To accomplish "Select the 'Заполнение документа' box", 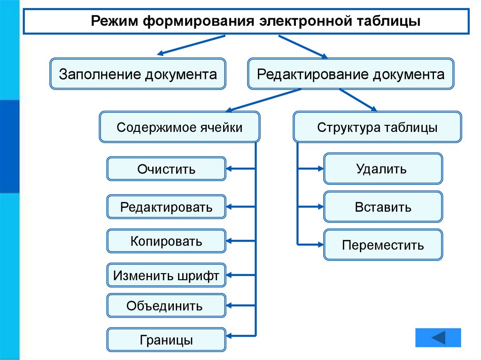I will (138, 74).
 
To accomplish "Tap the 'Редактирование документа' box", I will (350, 74).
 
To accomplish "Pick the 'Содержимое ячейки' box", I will (179, 127).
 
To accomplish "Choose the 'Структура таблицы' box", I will (377, 127).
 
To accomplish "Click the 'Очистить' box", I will (166, 169).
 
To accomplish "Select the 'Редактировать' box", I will (166, 207).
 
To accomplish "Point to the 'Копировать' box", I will (166, 241).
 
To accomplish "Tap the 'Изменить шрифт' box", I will (166, 276).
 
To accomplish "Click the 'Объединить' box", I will (166, 306).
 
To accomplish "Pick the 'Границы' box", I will (166, 340).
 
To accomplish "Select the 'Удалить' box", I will (383, 169).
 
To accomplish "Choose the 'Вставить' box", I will (383, 207).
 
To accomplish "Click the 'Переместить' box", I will (383, 245).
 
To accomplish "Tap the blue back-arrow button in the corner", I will (438, 338).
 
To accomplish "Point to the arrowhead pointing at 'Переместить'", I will (319, 245).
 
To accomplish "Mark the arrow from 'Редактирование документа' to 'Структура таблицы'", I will (358, 100).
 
